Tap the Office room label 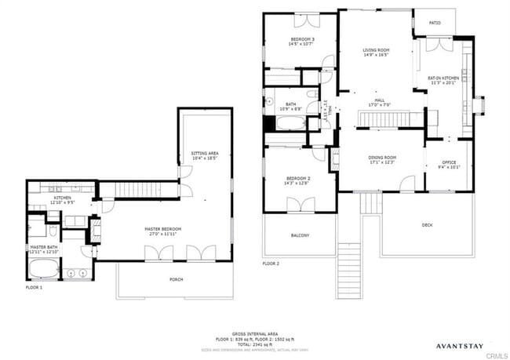point(438,165)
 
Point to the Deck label point(427,225)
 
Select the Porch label point(177,279)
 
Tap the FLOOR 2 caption point(271,264)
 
